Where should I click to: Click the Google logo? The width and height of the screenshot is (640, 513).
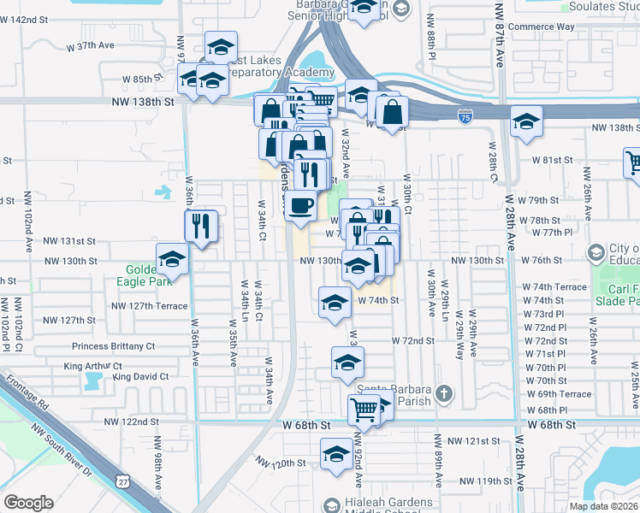[28, 503]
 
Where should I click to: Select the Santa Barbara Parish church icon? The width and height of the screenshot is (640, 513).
[443, 393]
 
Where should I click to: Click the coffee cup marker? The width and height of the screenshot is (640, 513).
[301, 205]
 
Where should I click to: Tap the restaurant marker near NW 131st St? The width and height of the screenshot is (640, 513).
[202, 227]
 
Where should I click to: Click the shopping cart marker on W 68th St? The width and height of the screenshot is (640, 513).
[364, 410]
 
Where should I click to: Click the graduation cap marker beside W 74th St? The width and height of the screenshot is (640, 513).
[335, 302]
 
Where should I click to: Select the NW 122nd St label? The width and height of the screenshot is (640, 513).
[132, 422]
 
